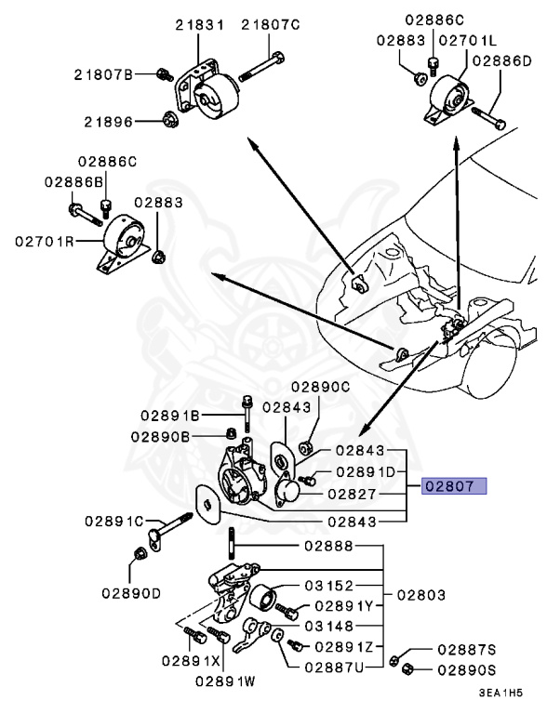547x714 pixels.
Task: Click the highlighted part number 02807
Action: [x=454, y=486]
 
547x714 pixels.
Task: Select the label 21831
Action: [x=200, y=25]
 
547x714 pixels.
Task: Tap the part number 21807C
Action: [x=271, y=24]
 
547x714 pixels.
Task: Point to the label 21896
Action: [x=108, y=122]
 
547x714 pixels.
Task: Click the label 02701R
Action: [x=45, y=241]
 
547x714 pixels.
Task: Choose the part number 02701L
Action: [x=467, y=41]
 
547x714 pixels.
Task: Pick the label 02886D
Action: [x=501, y=61]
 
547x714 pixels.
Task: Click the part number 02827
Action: [x=352, y=494]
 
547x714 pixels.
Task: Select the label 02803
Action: [x=420, y=595]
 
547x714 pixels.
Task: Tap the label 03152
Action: [x=328, y=585]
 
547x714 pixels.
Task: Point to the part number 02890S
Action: [x=466, y=669]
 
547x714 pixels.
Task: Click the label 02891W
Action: [x=225, y=681]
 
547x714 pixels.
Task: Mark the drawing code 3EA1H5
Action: [x=500, y=694]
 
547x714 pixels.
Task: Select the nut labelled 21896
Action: [x=171, y=119]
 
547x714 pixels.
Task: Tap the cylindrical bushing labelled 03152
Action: [x=262, y=598]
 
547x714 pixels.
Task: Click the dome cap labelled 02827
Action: [x=288, y=491]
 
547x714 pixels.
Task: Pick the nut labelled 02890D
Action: [x=140, y=554]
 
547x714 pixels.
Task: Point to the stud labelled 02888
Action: [x=232, y=544]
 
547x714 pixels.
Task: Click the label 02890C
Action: [x=321, y=387]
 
